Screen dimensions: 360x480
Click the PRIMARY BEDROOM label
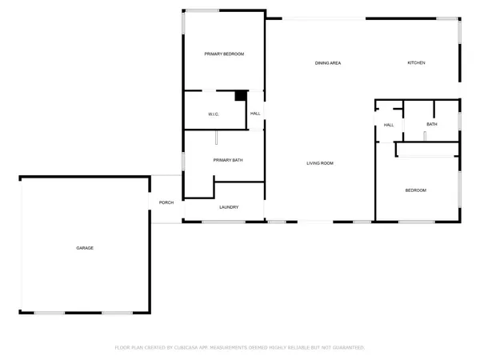(224, 54)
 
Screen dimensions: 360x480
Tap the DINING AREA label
(328, 63)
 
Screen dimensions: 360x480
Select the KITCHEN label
(416, 63)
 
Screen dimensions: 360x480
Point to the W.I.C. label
(214, 114)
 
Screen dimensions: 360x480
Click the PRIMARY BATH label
(228, 160)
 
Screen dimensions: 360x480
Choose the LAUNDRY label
(229, 208)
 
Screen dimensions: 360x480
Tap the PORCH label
(166, 202)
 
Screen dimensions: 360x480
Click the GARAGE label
(85, 248)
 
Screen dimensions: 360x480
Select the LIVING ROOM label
(320, 163)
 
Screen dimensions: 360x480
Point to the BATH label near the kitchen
(432, 124)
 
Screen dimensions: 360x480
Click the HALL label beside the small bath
(389, 125)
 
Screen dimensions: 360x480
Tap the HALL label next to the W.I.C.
(256, 114)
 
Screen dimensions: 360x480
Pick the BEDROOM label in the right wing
(416, 190)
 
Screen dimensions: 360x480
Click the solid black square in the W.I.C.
(240, 96)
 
